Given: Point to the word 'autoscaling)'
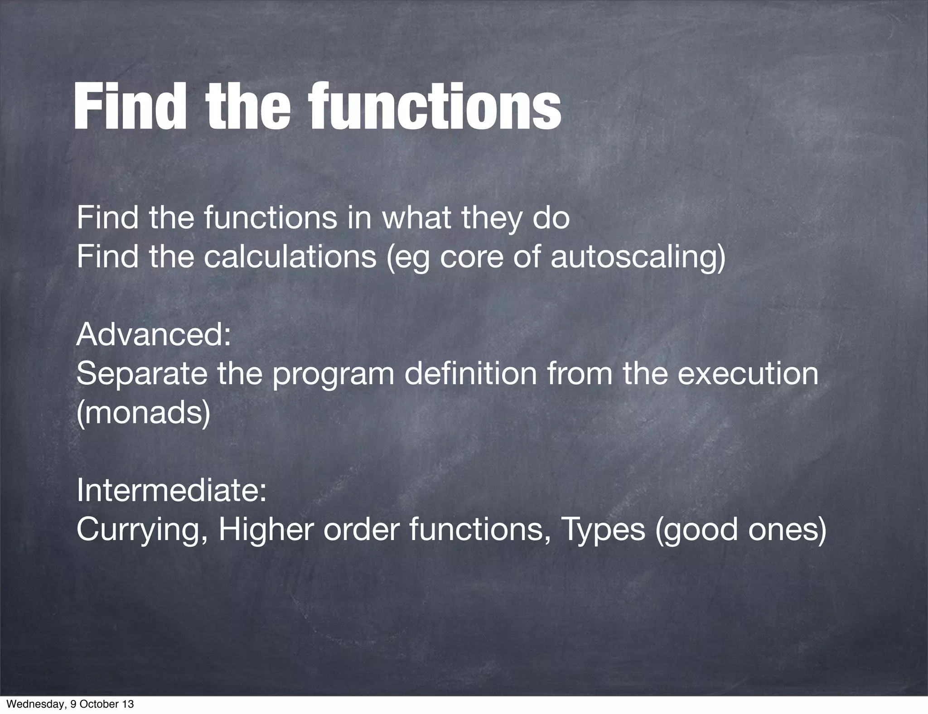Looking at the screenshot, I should [x=638, y=257].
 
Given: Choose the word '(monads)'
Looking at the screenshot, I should [x=144, y=413].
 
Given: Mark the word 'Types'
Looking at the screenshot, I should [x=603, y=530].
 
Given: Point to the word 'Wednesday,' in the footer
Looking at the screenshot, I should [x=30, y=704].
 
